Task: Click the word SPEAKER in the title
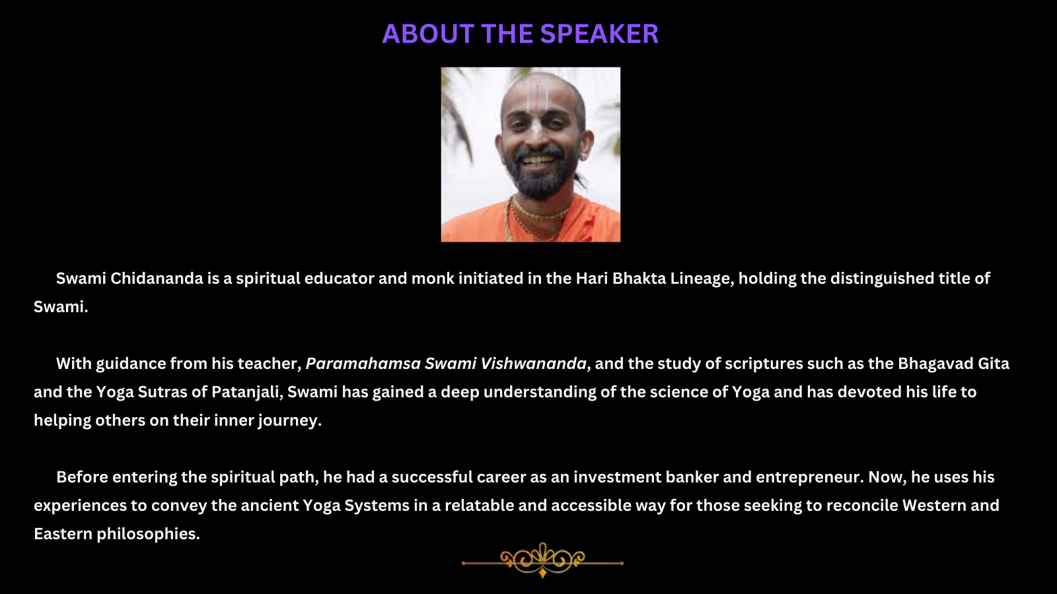click(x=599, y=34)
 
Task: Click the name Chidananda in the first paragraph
click(x=157, y=278)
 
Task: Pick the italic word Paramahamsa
click(x=363, y=364)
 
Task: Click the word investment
click(x=617, y=477)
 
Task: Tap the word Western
click(x=934, y=506)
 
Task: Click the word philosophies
click(x=148, y=534)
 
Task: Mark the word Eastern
click(x=63, y=534)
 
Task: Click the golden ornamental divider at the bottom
click(x=542, y=561)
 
